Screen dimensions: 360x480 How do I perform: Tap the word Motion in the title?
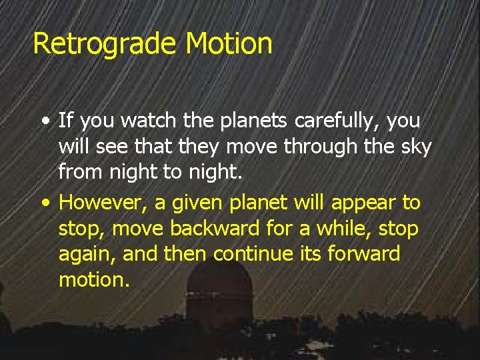click(229, 43)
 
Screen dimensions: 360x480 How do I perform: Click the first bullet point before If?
click(44, 122)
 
